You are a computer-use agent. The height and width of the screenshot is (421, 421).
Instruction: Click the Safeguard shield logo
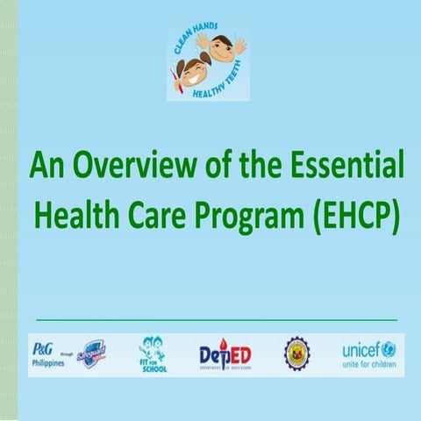coord(92,353)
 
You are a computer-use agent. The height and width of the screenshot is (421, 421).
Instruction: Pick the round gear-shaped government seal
coord(296,353)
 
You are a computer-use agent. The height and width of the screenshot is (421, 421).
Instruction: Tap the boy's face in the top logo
coord(222,49)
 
